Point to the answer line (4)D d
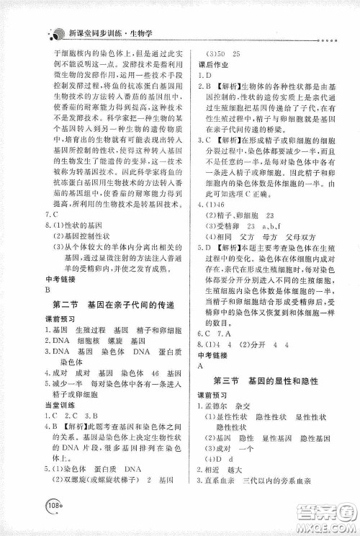pyautogui.click(x=220, y=460)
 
